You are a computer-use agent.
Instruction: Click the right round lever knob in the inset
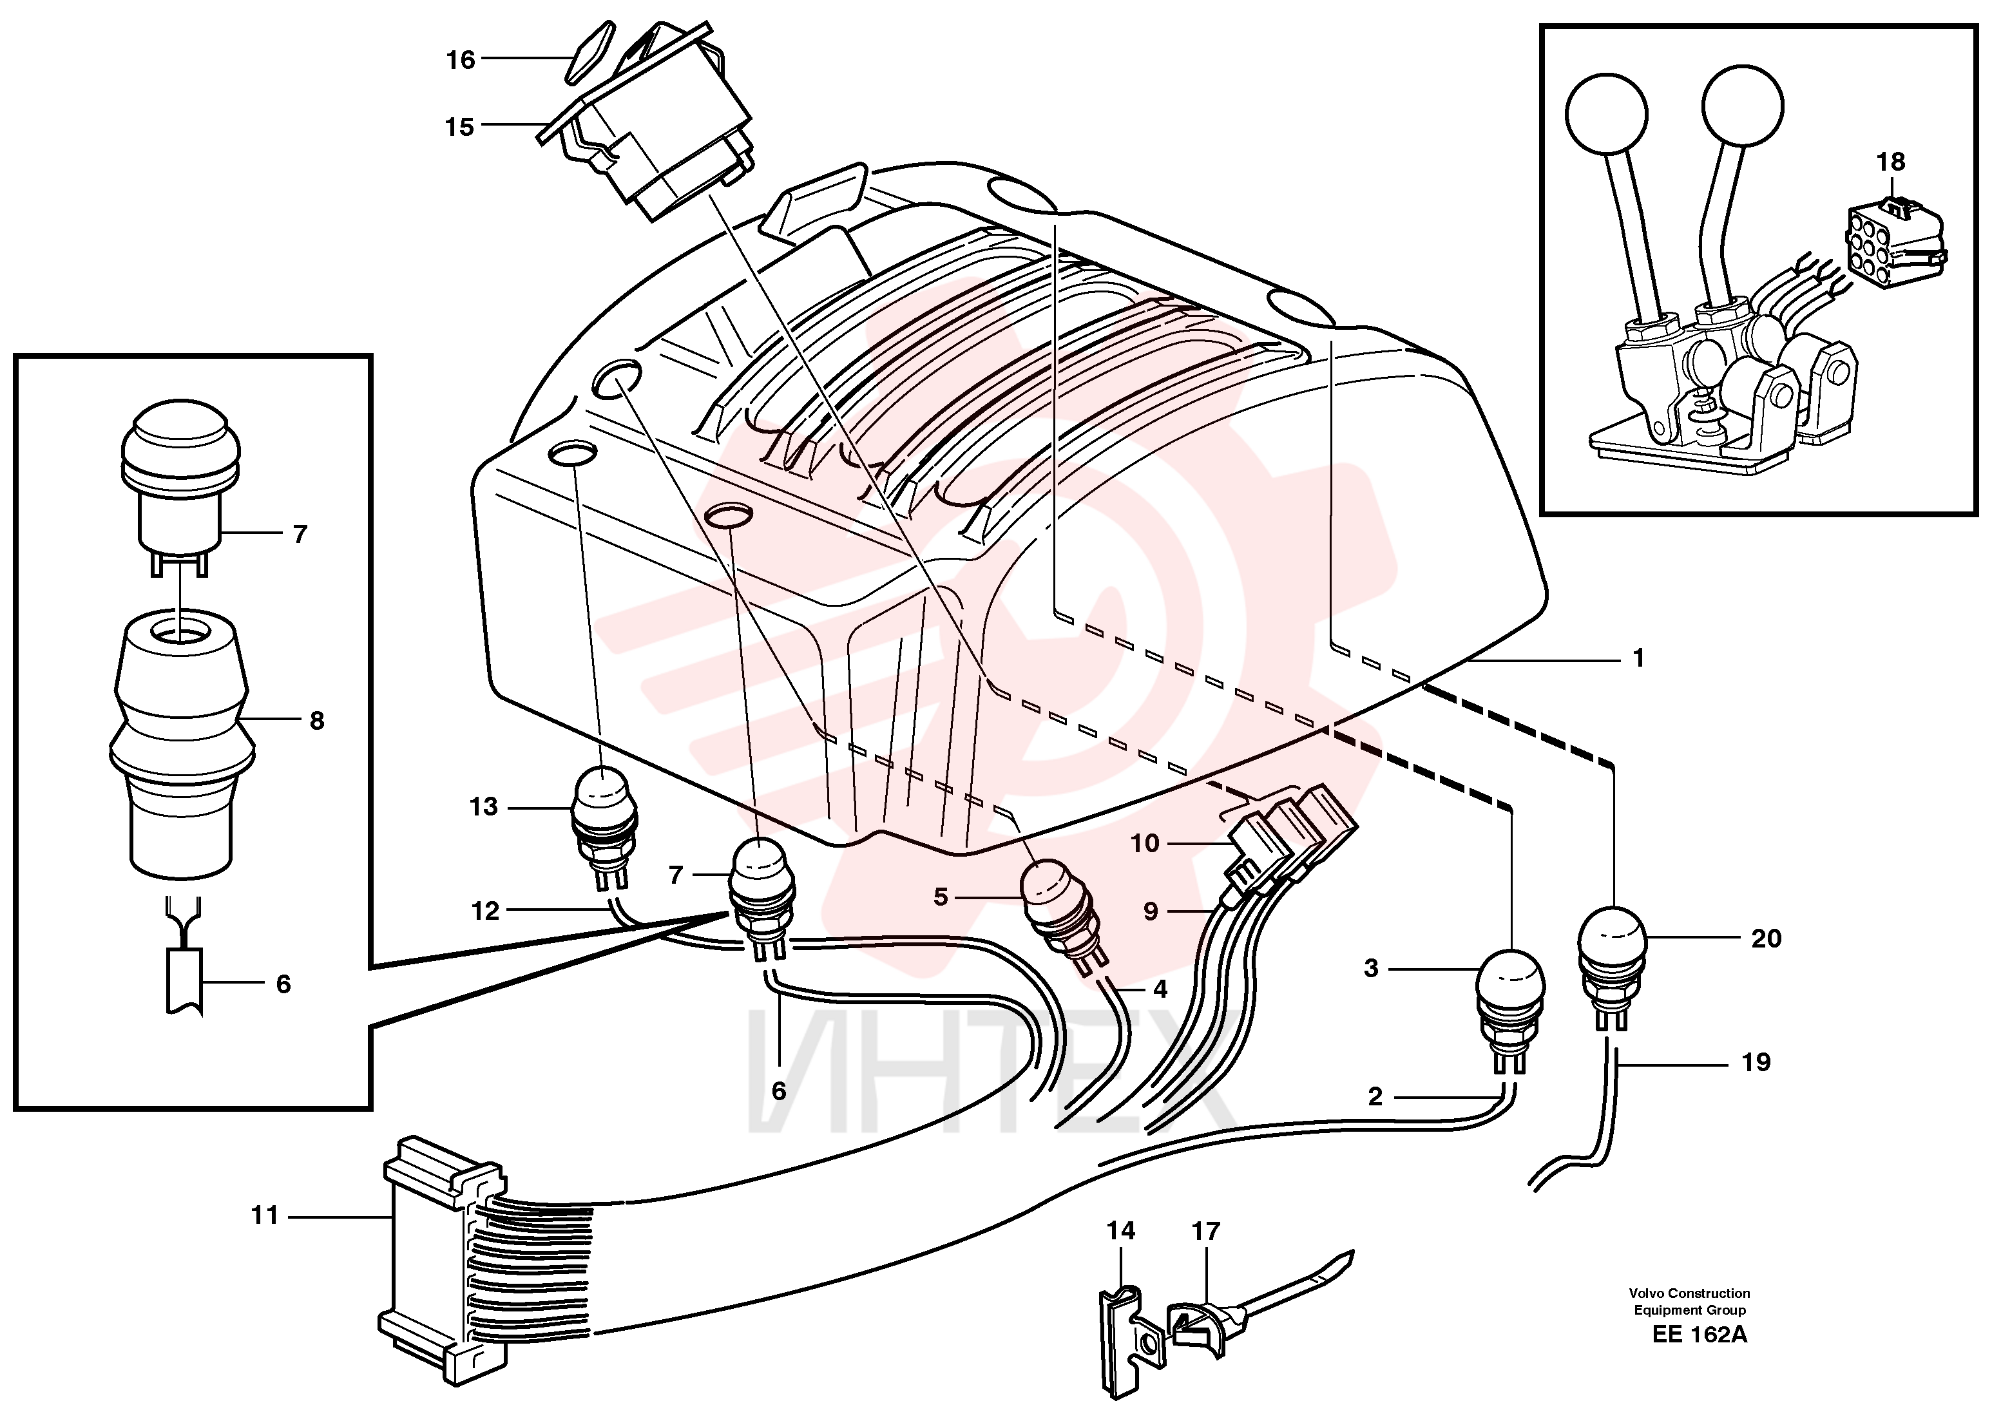(1743, 106)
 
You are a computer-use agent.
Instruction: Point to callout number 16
(461, 59)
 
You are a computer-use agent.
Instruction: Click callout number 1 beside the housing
(1638, 658)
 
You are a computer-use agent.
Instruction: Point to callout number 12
(485, 911)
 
